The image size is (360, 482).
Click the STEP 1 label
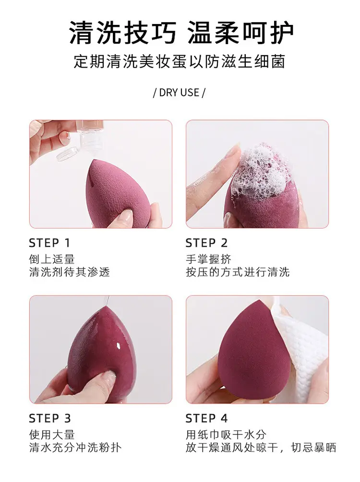[x=49, y=243]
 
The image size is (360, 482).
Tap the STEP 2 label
[x=206, y=243]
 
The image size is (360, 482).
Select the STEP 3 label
[x=50, y=418]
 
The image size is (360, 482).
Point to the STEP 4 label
[x=206, y=418]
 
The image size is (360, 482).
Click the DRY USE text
[x=179, y=93]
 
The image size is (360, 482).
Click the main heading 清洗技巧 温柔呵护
[x=181, y=33]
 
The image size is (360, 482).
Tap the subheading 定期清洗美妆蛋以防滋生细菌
[x=180, y=61]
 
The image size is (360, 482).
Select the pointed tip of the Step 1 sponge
[x=99, y=160]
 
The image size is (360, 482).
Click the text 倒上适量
[x=52, y=259]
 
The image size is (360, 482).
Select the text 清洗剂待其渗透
[x=70, y=272]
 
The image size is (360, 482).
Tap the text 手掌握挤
[x=208, y=259]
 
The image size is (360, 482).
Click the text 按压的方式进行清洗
[x=238, y=272]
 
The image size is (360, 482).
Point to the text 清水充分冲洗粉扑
[x=75, y=447]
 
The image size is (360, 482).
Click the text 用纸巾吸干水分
[x=226, y=434]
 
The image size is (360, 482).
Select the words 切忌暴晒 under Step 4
[x=313, y=447]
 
